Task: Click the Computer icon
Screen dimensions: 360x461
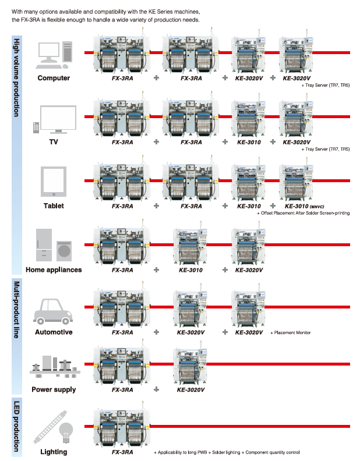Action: (54, 55)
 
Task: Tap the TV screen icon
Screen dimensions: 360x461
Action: (58, 119)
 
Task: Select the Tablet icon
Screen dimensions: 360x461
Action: (54, 182)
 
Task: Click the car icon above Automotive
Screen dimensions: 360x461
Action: (53, 311)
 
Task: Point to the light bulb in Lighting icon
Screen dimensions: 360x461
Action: (66, 432)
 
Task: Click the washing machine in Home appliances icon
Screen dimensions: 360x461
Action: (64, 251)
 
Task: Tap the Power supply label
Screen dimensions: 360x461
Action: (54, 389)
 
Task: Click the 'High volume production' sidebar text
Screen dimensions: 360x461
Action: (17, 77)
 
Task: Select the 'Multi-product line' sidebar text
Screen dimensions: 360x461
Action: (17, 310)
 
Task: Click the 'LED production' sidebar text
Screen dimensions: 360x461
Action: (17, 426)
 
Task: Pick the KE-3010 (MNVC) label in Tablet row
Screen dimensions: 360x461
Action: (305, 206)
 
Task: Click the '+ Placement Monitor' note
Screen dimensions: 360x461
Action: (290, 332)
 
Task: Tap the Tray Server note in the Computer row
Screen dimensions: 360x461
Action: (326, 85)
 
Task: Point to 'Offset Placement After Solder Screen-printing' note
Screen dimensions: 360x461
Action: (303, 213)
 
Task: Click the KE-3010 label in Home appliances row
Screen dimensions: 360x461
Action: (190, 270)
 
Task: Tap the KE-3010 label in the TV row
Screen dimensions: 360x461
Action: (249, 142)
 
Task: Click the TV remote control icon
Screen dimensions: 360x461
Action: (36, 127)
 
